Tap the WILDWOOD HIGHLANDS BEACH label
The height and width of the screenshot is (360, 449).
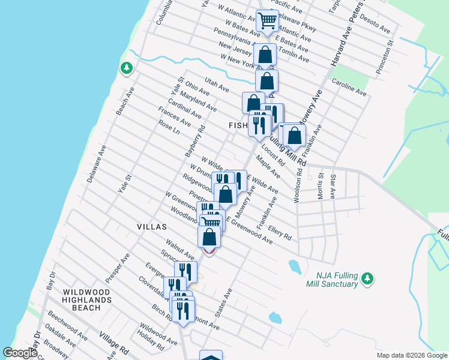point(88,299)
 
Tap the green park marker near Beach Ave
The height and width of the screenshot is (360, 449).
point(126,68)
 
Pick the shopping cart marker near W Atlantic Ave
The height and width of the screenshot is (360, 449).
point(267,21)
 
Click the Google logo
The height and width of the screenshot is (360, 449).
point(20,353)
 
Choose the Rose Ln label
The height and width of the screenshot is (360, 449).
point(169,126)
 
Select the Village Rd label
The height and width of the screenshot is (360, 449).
point(115,344)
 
